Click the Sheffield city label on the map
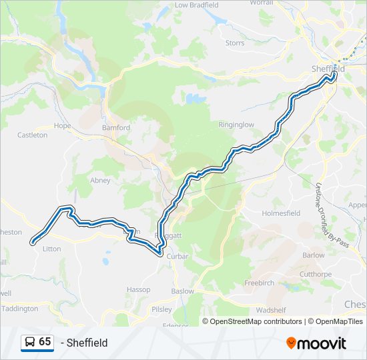(328, 69)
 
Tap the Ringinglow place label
(237, 125)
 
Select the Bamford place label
(115, 127)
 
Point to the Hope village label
(62, 125)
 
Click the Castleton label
(32, 135)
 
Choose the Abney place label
(100, 180)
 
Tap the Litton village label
(51, 249)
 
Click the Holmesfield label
(281, 213)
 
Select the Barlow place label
(313, 255)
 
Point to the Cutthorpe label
(315, 274)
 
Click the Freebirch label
(259, 283)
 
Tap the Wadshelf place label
(270, 310)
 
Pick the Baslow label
(182, 291)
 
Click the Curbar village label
(178, 256)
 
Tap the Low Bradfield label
(196, 5)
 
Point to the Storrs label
(235, 43)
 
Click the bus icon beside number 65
(29, 342)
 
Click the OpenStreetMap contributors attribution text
(256, 321)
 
